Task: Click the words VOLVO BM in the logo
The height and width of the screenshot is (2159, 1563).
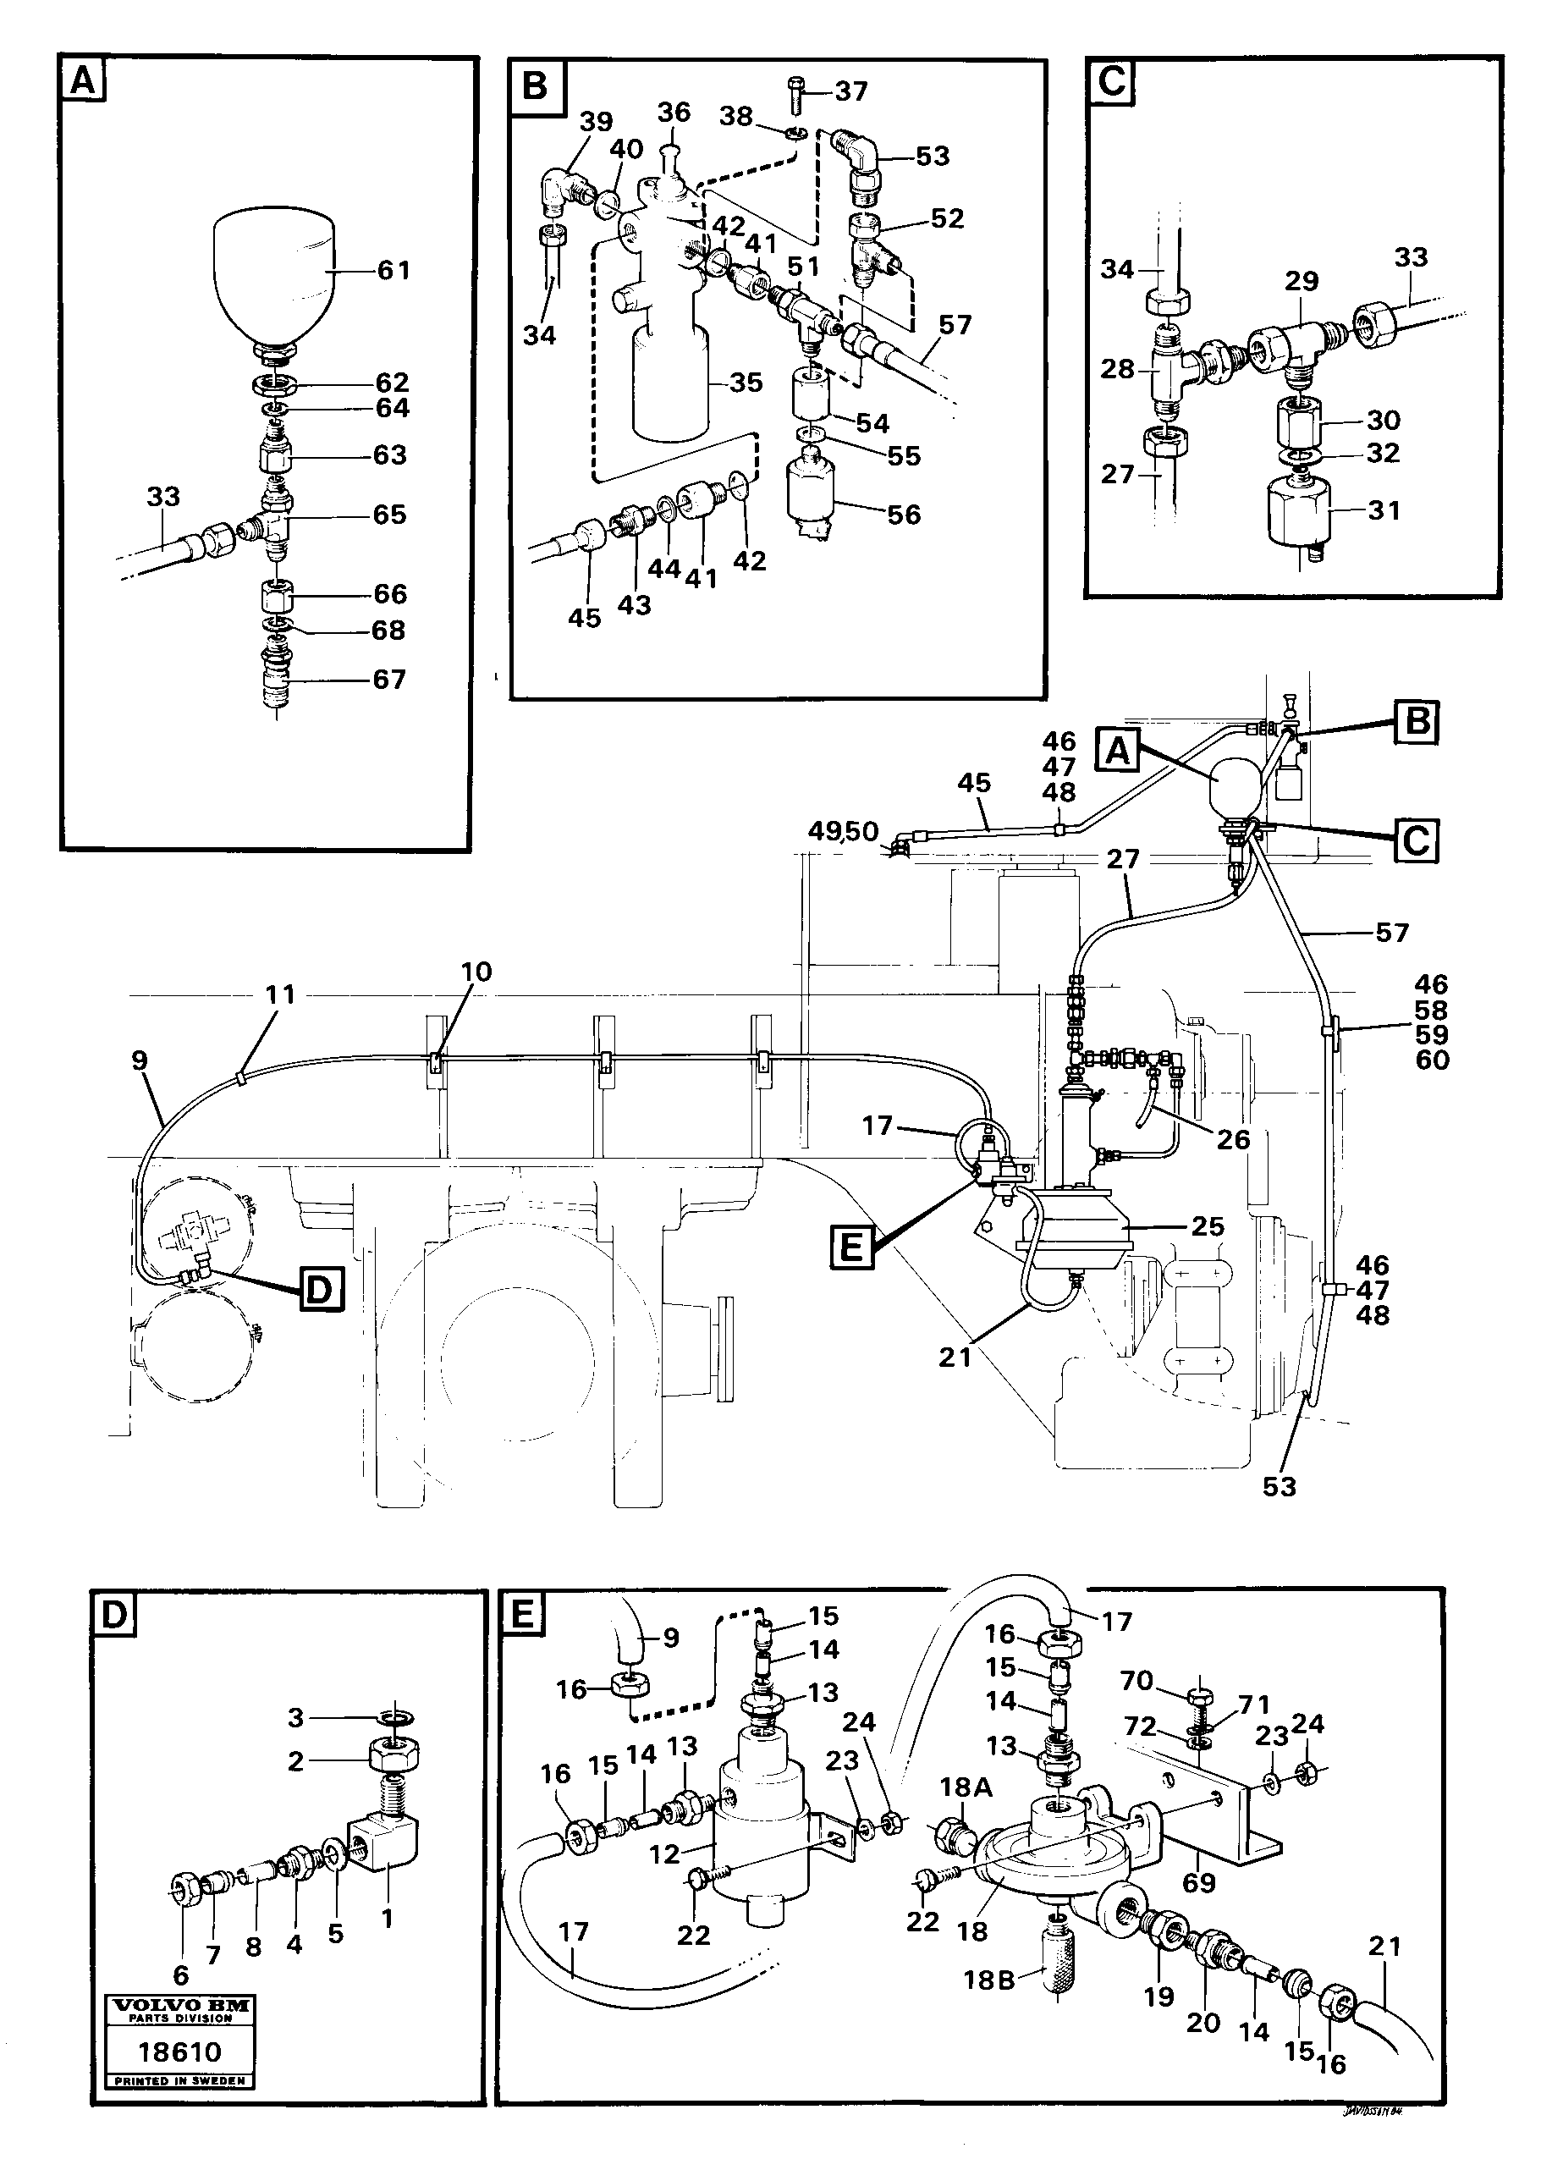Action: click(181, 2005)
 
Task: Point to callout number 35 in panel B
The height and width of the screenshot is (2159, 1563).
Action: click(746, 382)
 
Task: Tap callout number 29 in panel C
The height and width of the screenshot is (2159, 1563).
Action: click(1302, 281)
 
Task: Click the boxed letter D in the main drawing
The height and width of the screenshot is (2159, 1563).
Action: click(321, 1292)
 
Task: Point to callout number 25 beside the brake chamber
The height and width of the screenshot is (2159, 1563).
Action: click(1207, 1226)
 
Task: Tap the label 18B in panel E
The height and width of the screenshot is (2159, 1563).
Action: click(989, 1980)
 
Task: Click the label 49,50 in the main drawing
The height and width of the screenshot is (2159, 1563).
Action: click(844, 831)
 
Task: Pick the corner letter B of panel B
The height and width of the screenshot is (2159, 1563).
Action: click(536, 85)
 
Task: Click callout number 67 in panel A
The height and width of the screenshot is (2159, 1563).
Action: click(388, 679)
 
